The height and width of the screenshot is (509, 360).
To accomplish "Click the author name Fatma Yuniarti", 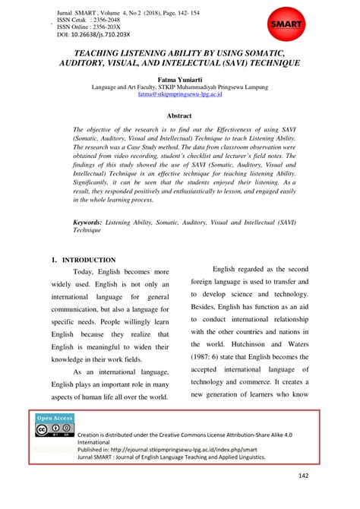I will click(179, 78).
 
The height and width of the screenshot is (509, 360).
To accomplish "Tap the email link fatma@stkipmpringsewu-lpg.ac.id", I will click(179, 96).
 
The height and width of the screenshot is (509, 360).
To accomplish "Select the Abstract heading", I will click(179, 115).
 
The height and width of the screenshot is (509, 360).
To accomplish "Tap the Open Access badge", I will click(55, 417).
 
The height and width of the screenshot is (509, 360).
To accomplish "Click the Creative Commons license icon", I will click(55, 431).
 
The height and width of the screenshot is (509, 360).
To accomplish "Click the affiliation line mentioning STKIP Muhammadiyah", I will click(179, 87).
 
